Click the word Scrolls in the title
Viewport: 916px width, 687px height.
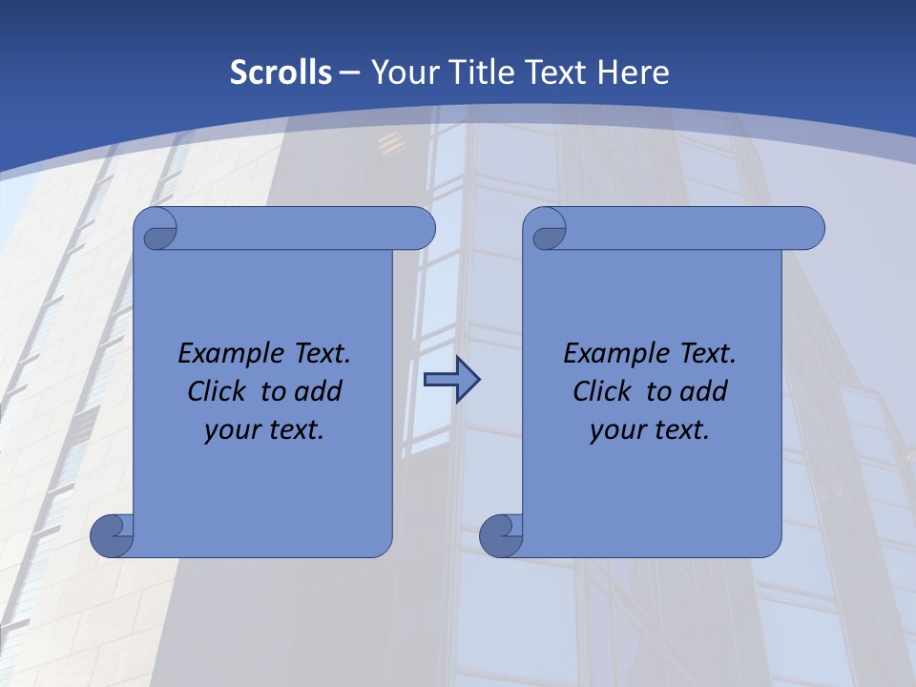click(281, 73)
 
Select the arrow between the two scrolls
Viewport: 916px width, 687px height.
click(451, 381)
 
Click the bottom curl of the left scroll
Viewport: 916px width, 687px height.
click(112, 535)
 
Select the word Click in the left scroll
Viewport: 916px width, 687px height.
click(218, 391)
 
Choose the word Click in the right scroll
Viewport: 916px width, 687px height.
click(602, 391)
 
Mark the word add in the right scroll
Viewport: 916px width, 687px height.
click(704, 391)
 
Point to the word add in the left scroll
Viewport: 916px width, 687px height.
click(319, 391)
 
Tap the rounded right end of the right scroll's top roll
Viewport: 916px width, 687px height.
click(808, 228)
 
